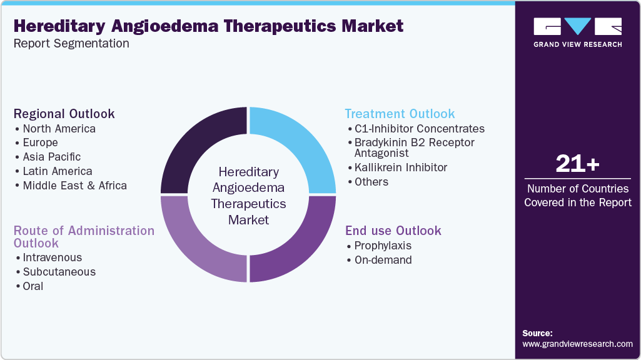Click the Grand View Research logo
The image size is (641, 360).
577,32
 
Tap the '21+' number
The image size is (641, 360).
577,164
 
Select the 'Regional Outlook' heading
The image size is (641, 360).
64,114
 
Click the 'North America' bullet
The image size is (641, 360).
59,129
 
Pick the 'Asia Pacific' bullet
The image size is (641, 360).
51,157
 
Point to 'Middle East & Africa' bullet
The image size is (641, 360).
74,186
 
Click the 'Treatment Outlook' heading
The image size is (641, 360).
400,114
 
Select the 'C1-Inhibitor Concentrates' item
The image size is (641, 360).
419,129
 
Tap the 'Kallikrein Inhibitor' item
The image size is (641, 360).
400,167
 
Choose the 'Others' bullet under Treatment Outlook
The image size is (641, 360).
371,182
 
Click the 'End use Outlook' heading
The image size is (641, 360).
393,231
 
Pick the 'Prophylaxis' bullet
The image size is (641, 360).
383,246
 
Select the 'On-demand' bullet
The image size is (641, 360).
383,260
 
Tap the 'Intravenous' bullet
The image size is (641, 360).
52,257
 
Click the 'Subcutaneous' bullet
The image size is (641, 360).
59,272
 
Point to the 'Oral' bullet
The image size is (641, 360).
33,286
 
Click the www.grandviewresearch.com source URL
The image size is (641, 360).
577,344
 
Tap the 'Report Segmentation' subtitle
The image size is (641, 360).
71,44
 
